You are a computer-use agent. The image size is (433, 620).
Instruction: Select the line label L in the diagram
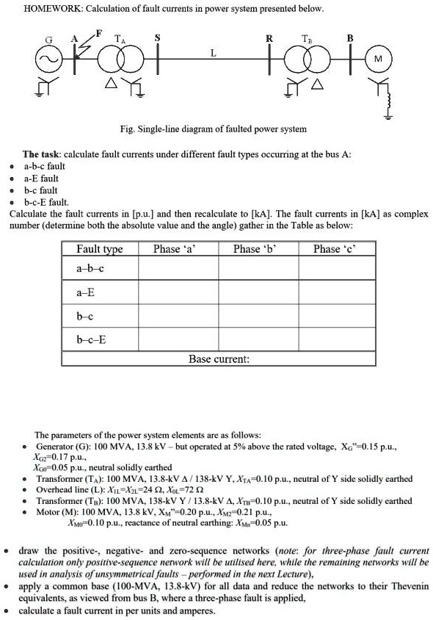[x=213, y=53]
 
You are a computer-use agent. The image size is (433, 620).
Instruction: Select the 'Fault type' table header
[x=99, y=249]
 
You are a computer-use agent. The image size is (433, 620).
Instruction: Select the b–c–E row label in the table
[x=92, y=339]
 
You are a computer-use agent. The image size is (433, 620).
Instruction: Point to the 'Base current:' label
[x=219, y=359]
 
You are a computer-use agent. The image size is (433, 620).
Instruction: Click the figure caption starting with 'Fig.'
[x=213, y=129]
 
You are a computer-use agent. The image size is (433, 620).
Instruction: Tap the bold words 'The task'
[x=41, y=154]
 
